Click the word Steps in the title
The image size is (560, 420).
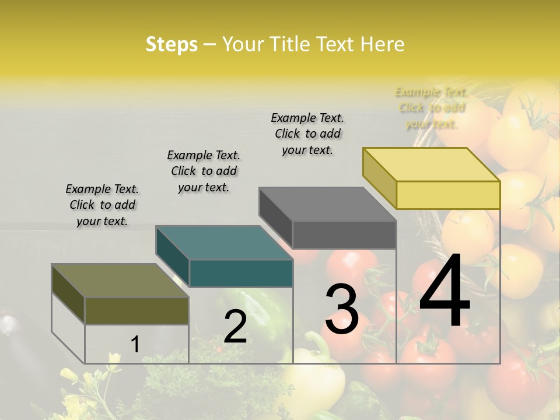click(171, 44)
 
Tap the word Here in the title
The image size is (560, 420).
click(383, 44)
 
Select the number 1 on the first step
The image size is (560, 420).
click(135, 345)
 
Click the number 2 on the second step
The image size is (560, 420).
click(235, 327)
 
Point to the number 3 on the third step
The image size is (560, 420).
click(342, 309)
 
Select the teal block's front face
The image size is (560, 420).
click(241, 273)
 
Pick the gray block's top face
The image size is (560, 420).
click(327, 204)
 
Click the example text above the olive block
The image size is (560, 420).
click(102, 205)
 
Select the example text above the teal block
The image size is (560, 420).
click(204, 171)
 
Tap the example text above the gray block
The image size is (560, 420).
click(307, 134)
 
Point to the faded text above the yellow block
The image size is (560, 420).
click(431, 108)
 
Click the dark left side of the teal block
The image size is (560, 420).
click(173, 256)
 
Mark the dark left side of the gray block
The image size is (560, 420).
click(276, 217)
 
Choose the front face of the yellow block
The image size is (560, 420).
click(448, 195)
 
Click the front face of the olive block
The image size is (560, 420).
click(136, 310)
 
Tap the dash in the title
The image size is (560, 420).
click(210, 44)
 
